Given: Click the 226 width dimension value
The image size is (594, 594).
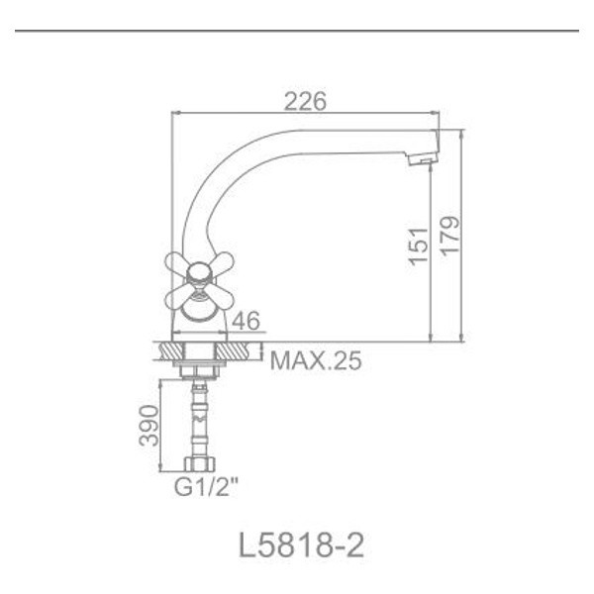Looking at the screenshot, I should pyautogui.click(x=305, y=100).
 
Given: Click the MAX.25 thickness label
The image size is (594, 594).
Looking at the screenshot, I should pyautogui.click(x=316, y=359).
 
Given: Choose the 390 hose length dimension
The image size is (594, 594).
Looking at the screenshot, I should pyautogui.click(x=148, y=424).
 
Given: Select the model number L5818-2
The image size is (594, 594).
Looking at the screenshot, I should pyautogui.click(x=301, y=544).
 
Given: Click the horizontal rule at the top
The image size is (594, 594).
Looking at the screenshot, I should pyautogui.click(x=297, y=31).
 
